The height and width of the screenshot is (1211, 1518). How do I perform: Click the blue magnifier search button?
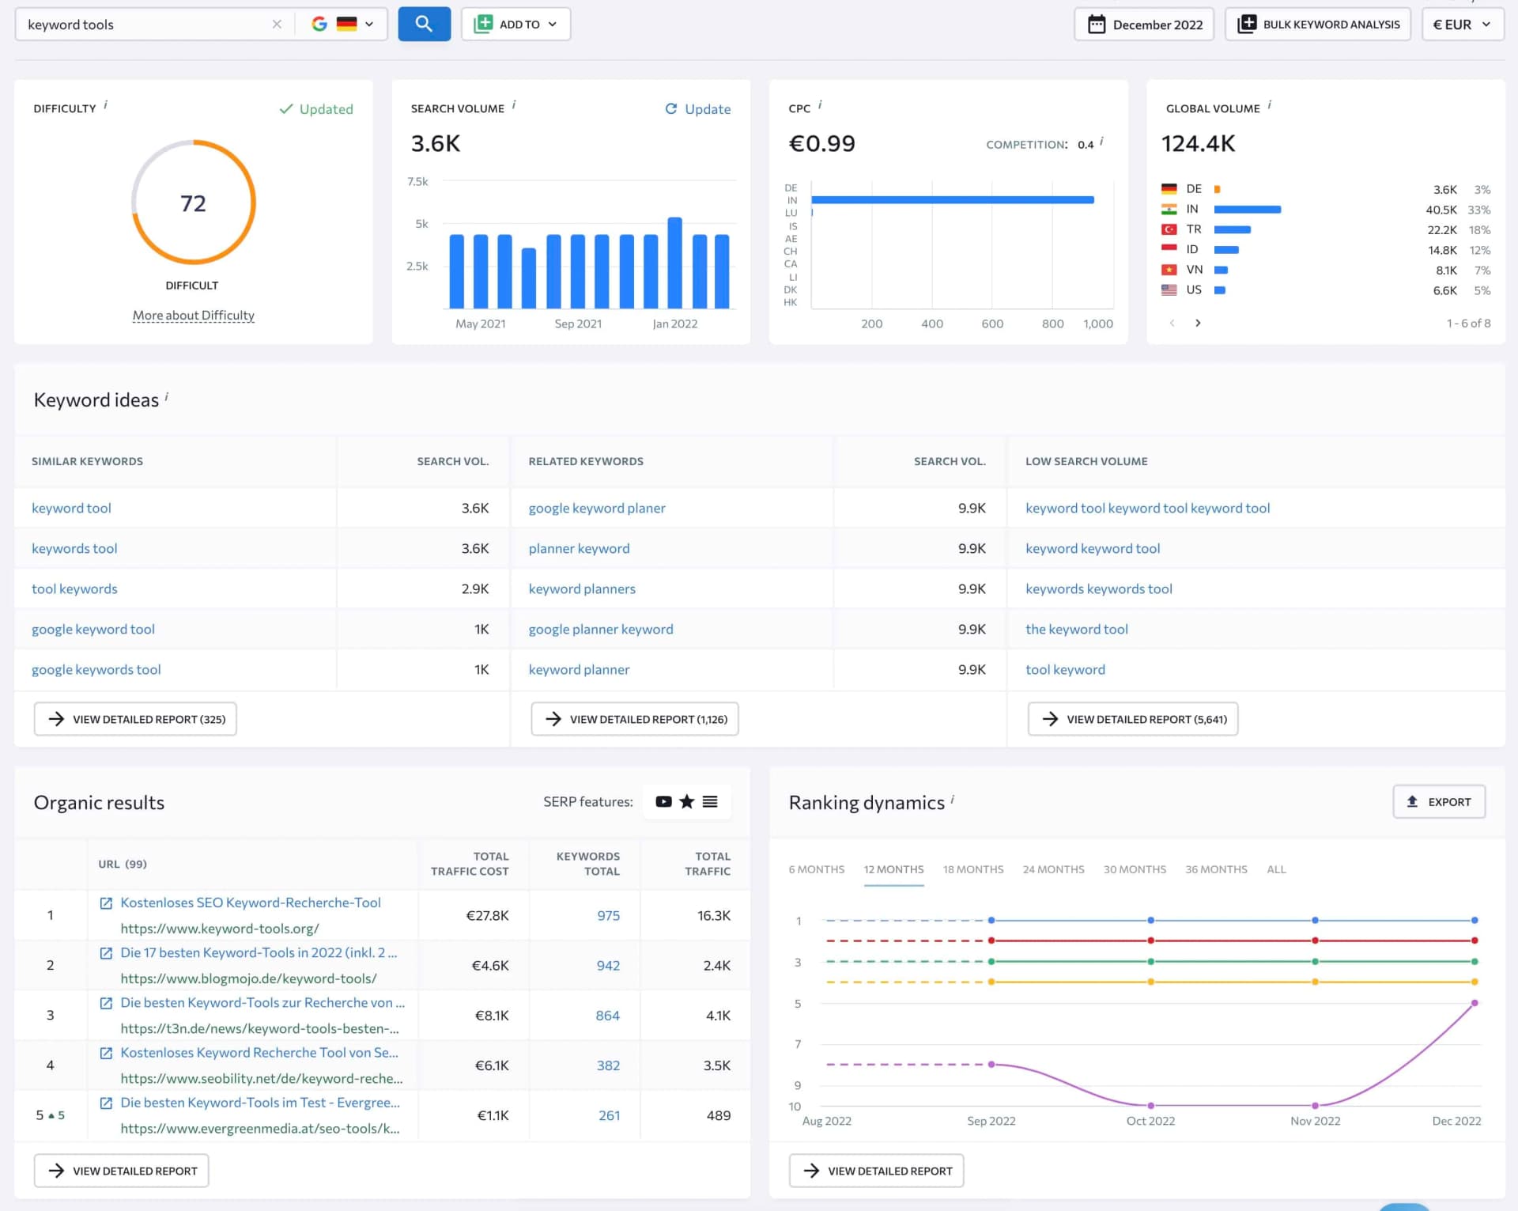[x=424, y=24]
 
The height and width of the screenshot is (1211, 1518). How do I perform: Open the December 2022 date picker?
[x=1143, y=25]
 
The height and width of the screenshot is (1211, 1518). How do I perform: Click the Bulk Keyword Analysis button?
[x=1318, y=25]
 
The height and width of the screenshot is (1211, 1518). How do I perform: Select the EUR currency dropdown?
[x=1462, y=25]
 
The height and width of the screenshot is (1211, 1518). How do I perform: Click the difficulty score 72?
[x=193, y=203]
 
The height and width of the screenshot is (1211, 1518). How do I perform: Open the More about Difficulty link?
[x=193, y=316]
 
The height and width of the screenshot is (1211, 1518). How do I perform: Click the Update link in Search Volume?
[x=698, y=109]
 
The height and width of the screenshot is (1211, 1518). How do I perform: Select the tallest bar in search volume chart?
[x=674, y=262]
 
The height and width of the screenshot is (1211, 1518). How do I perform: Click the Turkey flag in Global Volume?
[x=1169, y=229]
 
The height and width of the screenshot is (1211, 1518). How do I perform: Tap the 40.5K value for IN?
[x=1441, y=210]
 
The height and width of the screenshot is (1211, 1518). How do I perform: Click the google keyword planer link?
[x=597, y=508]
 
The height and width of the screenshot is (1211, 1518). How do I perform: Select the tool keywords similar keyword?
[x=74, y=588]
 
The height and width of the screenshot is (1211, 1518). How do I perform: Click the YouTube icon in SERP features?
[x=663, y=802]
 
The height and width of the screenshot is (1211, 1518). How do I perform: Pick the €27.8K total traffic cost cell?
[x=487, y=915]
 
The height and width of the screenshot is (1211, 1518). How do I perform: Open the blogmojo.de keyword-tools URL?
[x=248, y=978]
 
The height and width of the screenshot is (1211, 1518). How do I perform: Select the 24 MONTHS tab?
[x=1053, y=869]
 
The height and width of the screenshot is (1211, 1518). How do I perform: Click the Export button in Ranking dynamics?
[x=1438, y=802]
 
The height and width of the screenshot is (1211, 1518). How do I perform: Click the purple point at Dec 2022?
[x=1475, y=1003]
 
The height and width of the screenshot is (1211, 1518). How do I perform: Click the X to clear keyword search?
[x=277, y=25]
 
